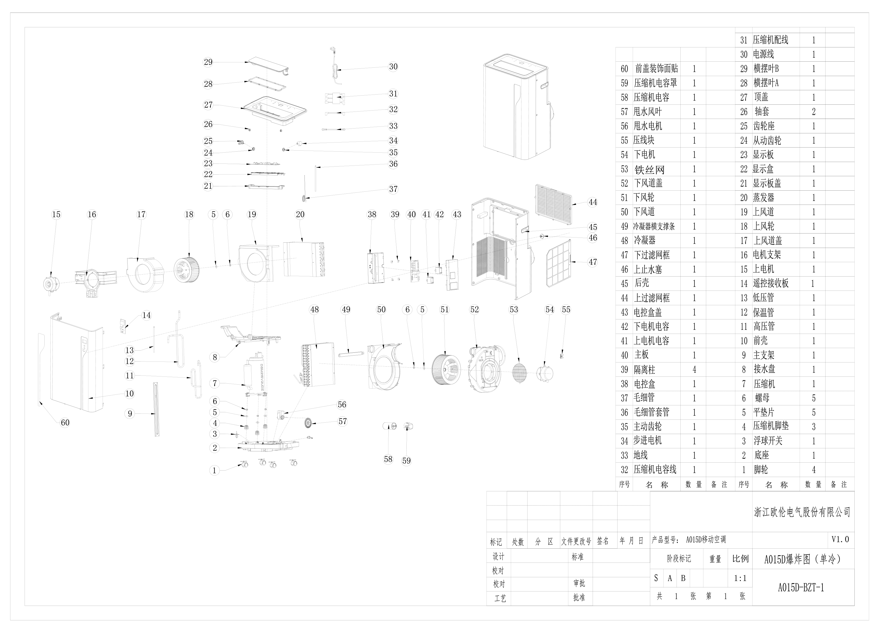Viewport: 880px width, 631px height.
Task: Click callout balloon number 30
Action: (393, 66)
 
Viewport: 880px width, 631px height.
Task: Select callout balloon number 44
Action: (592, 202)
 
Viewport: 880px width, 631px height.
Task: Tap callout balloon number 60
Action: (65, 422)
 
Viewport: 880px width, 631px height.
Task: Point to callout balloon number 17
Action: (141, 214)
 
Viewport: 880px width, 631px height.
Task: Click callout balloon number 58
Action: (388, 459)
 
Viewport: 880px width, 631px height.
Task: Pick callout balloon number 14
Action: (146, 315)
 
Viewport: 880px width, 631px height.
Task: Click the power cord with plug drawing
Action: (335, 66)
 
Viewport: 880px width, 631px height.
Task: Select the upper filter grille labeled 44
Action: (554, 204)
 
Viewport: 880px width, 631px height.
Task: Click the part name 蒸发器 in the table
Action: (764, 198)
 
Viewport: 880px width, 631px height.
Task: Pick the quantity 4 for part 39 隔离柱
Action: (694, 369)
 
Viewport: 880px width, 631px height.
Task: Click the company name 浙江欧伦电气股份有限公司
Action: (802, 512)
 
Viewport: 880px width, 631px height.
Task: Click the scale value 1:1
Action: (740, 578)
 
